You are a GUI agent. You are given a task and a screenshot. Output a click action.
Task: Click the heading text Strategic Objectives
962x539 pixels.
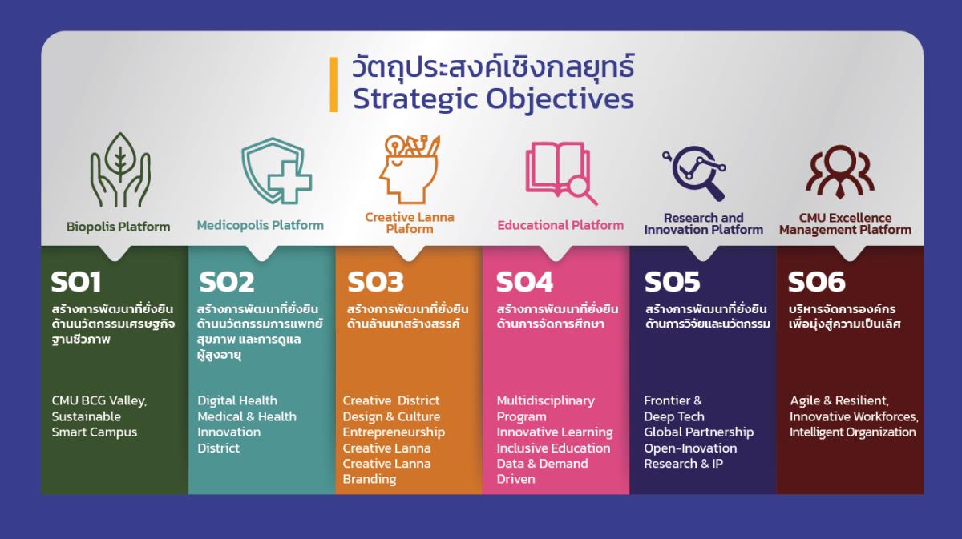pyautogui.click(x=493, y=99)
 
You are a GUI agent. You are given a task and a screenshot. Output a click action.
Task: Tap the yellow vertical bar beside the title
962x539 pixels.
pyautogui.click(x=333, y=85)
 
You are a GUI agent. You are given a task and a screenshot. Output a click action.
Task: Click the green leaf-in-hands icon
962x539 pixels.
pyautogui.click(x=120, y=170)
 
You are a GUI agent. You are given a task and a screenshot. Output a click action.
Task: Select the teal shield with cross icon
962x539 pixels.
pyautogui.click(x=277, y=171)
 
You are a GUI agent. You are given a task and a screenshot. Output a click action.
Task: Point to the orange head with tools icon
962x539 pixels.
pyautogui.click(x=409, y=169)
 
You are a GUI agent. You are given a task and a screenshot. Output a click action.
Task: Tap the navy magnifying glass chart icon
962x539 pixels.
pyautogui.click(x=694, y=173)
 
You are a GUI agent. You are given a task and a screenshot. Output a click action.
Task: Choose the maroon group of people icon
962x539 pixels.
pyautogui.click(x=840, y=171)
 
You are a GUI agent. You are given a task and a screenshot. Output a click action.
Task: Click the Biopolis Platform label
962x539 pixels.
pyautogui.click(x=118, y=226)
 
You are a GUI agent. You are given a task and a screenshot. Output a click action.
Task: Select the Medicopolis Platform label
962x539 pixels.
pyautogui.click(x=261, y=225)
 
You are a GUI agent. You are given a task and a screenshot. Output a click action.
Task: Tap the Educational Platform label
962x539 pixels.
pyautogui.click(x=560, y=225)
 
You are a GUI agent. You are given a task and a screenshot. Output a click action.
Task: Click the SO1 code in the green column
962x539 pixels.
pyautogui.click(x=76, y=282)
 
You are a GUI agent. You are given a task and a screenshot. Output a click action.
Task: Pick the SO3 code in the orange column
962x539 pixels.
pyautogui.click(x=375, y=282)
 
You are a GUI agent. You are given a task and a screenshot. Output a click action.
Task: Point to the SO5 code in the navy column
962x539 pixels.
pyautogui.click(x=672, y=282)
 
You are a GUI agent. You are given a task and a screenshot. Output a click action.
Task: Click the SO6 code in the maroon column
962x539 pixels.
pyautogui.click(x=816, y=282)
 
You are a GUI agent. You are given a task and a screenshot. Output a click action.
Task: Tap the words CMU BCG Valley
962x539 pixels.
pyautogui.click(x=99, y=400)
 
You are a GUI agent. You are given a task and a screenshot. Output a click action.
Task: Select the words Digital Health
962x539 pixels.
pyautogui.click(x=237, y=400)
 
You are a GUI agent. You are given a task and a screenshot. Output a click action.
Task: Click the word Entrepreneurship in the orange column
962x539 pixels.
pyautogui.click(x=394, y=432)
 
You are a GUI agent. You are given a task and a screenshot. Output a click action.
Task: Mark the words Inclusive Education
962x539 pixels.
pyautogui.click(x=553, y=448)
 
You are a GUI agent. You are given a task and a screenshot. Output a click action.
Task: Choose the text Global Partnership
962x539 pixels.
pyautogui.click(x=698, y=432)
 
